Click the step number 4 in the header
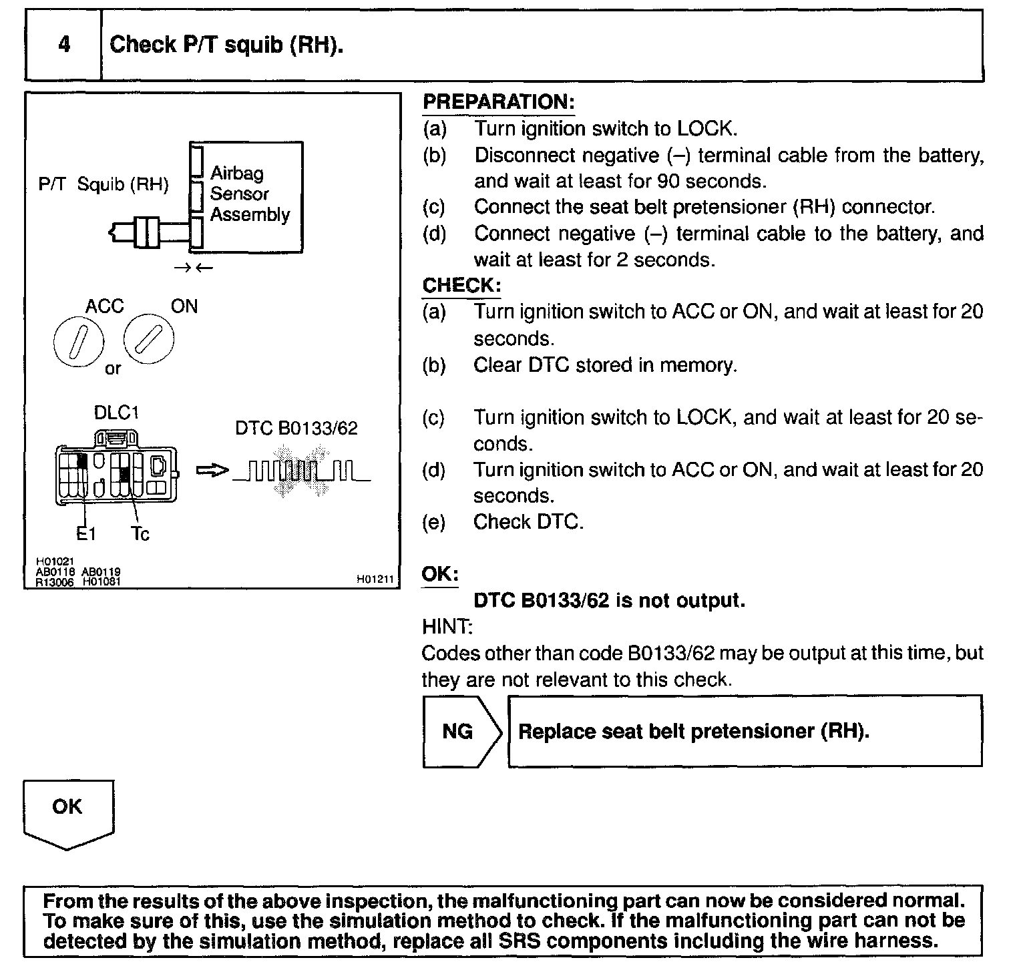pyautogui.click(x=64, y=45)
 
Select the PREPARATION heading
pyautogui.click(x=498, y=102)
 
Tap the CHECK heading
pyautogui.click(x=461, y=285)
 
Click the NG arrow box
pyautogui.click(x=460, y=731)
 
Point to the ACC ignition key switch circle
pyautogui.click(x=78, y=340)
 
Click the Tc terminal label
pyautogui.click(x=140, y=533)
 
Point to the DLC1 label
pyautogui.click(x=116, y=413)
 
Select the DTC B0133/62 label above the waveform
pyautogui.click(x=296, y=428)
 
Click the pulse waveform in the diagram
pyautogui.click(x=300, y=471)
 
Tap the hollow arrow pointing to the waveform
pyautogui.click(x=212, y=471)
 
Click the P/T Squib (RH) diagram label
pyautogui.click(x=104, y=185)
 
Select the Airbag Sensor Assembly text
pyautogui.click(x=249, y=194)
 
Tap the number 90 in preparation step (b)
pyautogui.click(x=668, y=181)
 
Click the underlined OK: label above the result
pyautogui.click(x=440, y=574)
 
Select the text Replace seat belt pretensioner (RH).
pyautogui.click(x=694, y=731)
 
